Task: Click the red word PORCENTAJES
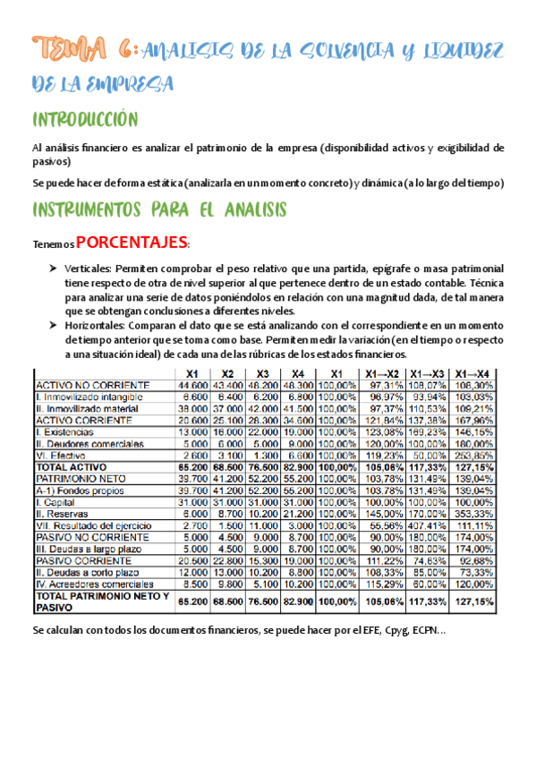tap(132, 242)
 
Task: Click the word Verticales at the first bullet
tap(89, 269)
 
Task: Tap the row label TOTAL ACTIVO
tap(71, 467)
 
